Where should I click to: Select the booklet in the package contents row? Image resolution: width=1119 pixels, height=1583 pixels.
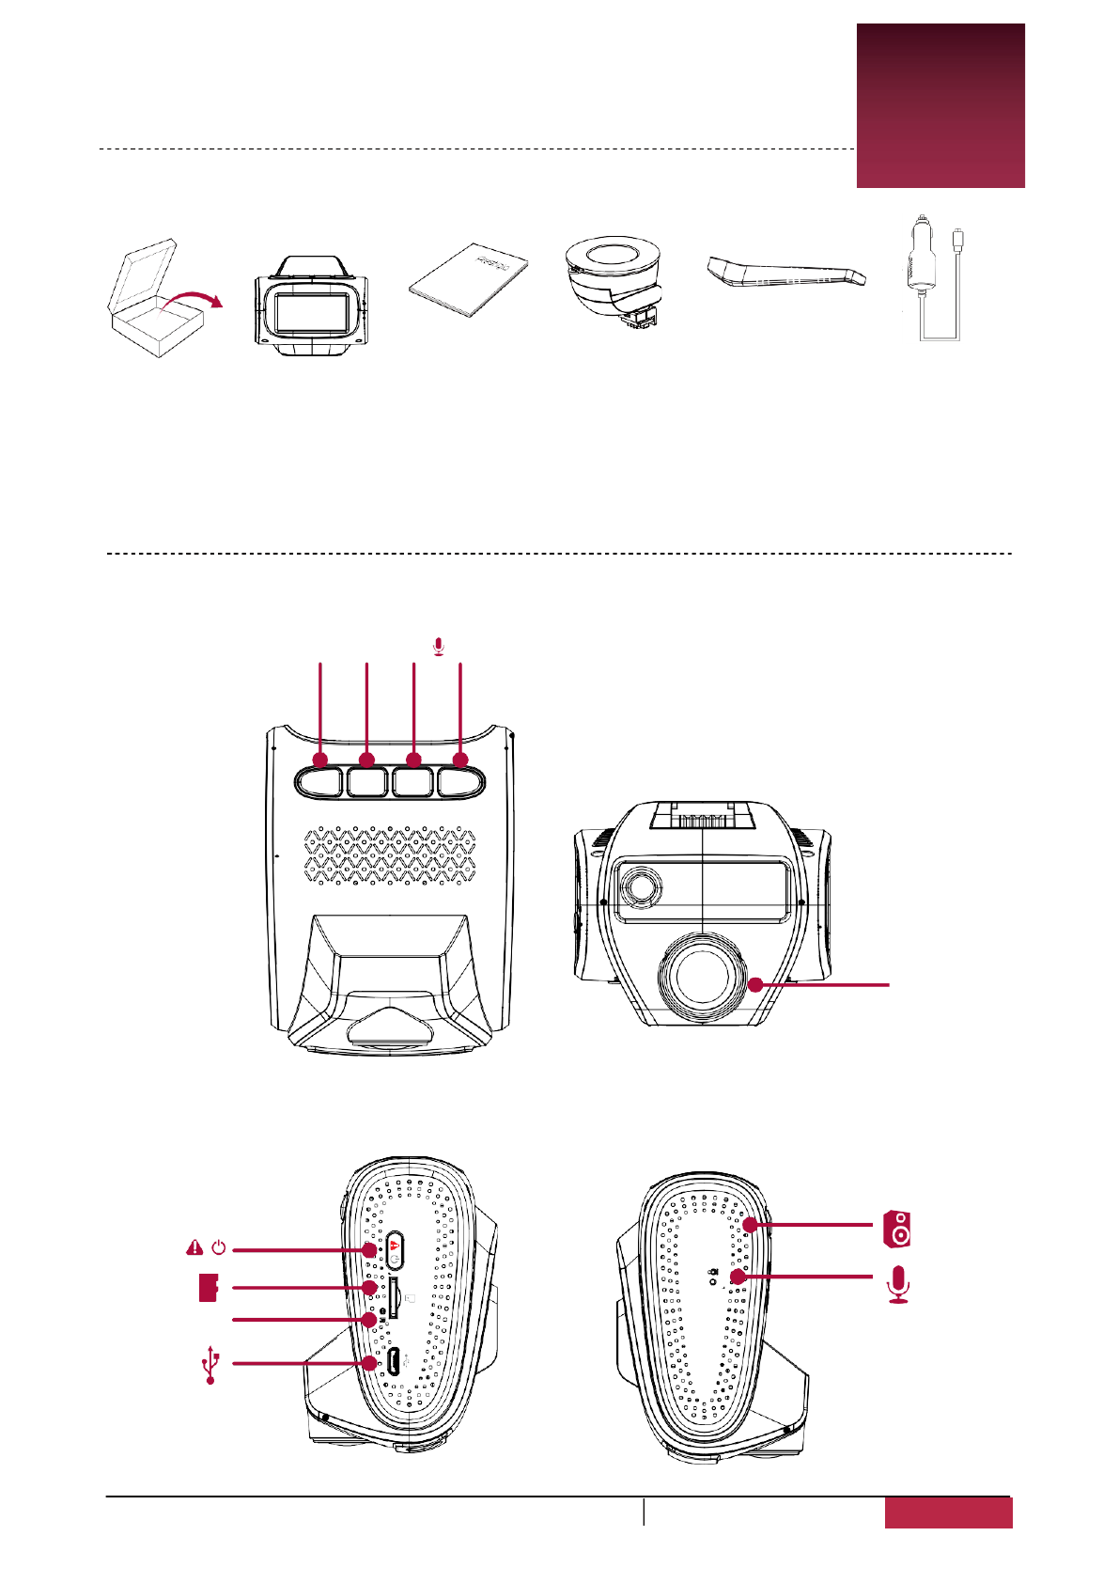click(x=469, y=281)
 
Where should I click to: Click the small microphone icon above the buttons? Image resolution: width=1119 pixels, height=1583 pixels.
click(x=439, y=647)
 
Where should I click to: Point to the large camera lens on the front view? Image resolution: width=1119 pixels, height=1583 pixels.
click(x=704, y=978)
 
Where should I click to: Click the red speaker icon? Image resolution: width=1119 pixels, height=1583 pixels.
click(x=897, y=1229)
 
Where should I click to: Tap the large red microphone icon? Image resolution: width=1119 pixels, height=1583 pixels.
click(x=899, y=1285)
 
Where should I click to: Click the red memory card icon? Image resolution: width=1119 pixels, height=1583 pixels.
click(x=209, y=1288)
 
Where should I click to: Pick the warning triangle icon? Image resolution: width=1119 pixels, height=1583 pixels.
click(x=194, y=1247)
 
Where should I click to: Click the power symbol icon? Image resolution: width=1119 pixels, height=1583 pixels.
click(x=219, y=1248)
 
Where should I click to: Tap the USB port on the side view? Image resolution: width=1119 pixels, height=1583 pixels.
click(x=395, y=1362)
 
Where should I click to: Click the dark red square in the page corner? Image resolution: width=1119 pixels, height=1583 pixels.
click(x=940, y=105)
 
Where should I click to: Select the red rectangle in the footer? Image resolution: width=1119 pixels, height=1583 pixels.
click(x=948, y=1512)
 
